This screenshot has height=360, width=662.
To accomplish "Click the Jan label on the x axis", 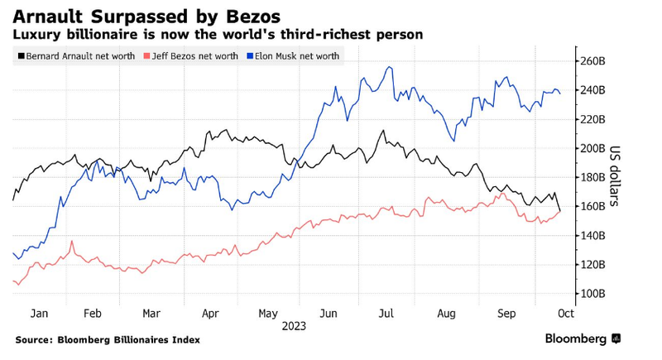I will coord(39,314).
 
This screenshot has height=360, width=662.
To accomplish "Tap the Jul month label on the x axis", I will coord(386,314).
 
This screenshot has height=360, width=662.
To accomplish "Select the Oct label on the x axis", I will coord(566,314).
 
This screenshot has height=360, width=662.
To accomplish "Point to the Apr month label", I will coord(210,314).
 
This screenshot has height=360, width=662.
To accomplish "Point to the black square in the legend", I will coord(20,55).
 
